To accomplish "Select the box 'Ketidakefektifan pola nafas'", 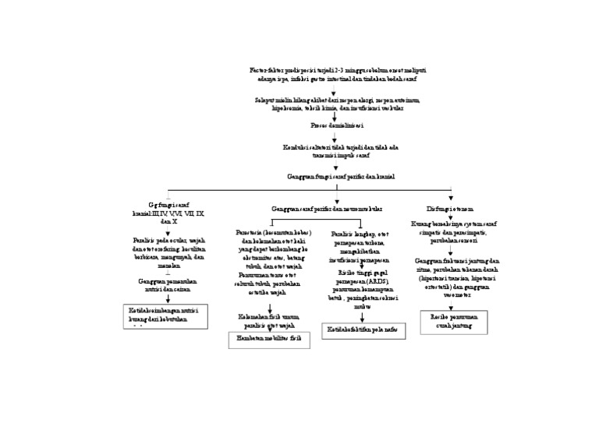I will click(362, 331).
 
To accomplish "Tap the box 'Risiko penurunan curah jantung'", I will click(452, 322).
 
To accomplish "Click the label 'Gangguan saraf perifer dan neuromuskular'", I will click(327, 210).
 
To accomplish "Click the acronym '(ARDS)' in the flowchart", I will click(374, 280).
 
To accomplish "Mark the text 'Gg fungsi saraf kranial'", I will click(168, 212).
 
